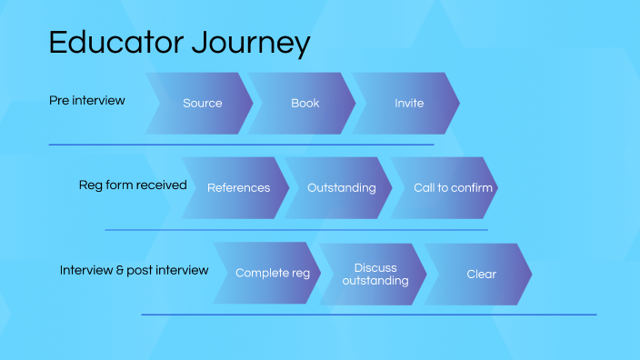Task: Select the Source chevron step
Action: coord(202,104)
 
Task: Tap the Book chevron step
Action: coord(305,104)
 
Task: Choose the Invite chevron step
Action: coord(409,104)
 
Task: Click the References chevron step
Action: coord(238,188)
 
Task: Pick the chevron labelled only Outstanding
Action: coord(341,188)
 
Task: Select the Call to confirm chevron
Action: coord(453,188)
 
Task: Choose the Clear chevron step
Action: coord(481,274)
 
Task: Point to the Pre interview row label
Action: coord(87,100)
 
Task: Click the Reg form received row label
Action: coord(133,185)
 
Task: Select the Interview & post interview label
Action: coord(134,270)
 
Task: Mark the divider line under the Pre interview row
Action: coord(241,145)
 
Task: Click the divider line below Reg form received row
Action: coord(296,230)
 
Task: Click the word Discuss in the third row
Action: coord(375,267)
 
